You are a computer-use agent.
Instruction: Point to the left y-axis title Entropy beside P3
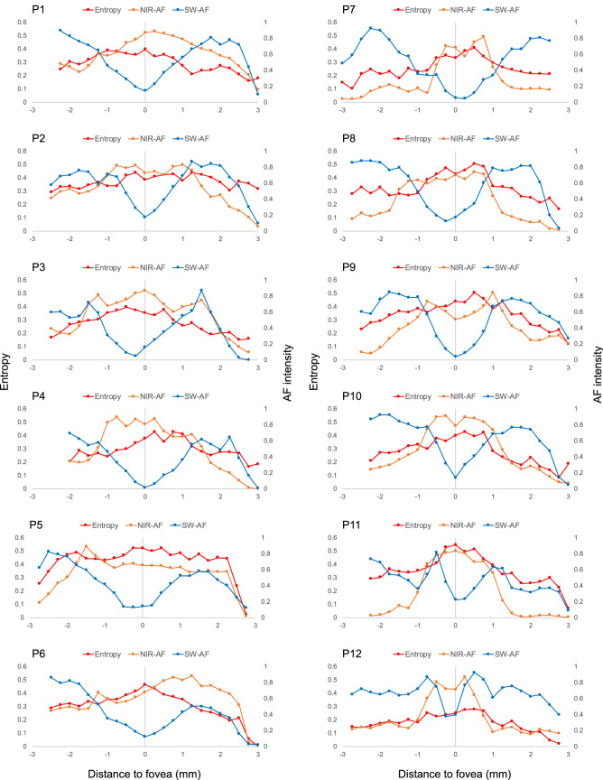coord(7,390)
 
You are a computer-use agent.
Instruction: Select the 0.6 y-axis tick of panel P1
coord(21,22)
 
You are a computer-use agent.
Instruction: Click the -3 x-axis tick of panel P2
coord(32,238)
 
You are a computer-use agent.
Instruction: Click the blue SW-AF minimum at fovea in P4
coord(145,487)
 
